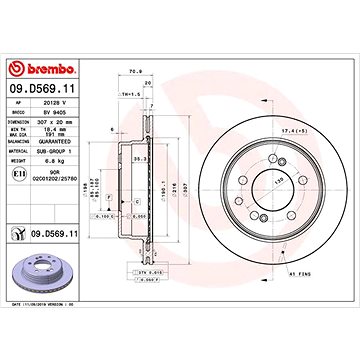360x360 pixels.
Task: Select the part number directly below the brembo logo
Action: click(x=45, y=89)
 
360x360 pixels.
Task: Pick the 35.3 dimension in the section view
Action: click(x=143, y=156)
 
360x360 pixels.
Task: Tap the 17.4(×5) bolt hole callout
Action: click(x=297, y=131)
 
